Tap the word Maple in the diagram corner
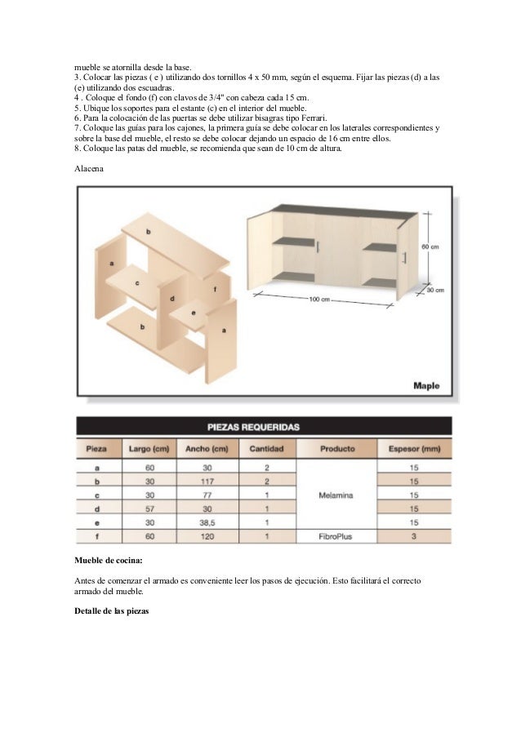point(426,385)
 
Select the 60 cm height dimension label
point(430,246)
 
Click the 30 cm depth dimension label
point(434,290)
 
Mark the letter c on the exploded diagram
point(137,282)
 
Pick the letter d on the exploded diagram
point(172,299)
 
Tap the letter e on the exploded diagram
point(194,313)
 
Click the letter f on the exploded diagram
point(215,289)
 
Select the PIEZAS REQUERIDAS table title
point(264,427)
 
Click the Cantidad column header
point(266,449)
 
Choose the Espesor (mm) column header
point(414,449)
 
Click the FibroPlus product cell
point(336,535)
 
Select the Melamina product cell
point(336,495)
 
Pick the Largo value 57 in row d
point(149,508)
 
